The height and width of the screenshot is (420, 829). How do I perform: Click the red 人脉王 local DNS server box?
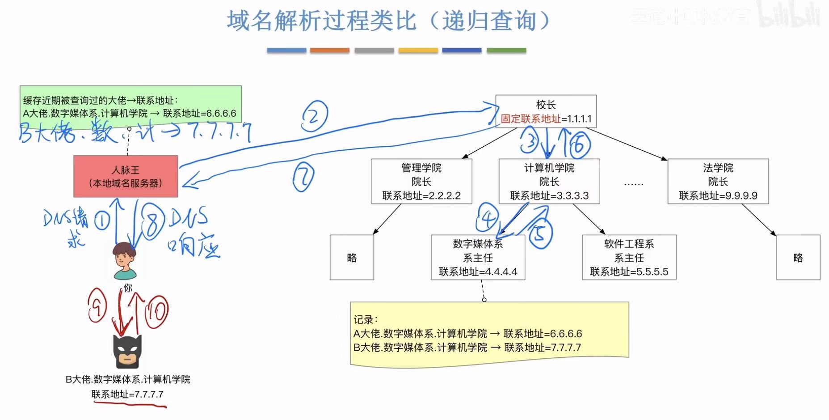pyautogui.click(x=126, y=176)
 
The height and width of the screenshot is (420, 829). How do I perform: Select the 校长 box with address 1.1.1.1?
pyautogui.click(x=546, y=111)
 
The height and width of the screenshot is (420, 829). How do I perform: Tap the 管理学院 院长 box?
pyautogui.click(x=421, y=181)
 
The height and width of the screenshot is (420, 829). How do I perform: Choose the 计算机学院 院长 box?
pyautogui.click(x=549, y=181)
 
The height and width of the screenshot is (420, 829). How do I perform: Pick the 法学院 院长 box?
pyautogui.click(x=718, y=181)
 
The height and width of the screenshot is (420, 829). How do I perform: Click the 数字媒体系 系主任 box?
pyautogui.click(x=478, y=257)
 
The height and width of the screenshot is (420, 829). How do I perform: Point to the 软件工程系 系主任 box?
pyautogui.click(x=629, y=257)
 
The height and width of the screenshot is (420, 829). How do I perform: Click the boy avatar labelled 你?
pyautogui.click(x=124, y=260)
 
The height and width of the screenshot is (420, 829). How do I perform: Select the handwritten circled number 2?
pyautogui.click(x=315, y=116)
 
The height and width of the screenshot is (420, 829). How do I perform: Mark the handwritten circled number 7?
pyautogui.click(x=303, y=177)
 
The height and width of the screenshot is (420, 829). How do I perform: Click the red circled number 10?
pyautogui.click(x=156, y=310)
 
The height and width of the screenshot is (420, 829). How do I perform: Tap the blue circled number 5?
pyautogui.click(x=540, y=233)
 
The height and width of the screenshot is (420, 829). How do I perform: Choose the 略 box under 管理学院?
pyautogui.click(x=352, y=257)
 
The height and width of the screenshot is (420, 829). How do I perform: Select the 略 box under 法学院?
pyautogui.click(x=798, y=257)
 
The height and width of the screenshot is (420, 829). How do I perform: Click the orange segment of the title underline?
pyautogui.click(x=329, y=51)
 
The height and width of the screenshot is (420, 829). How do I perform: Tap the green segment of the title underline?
pyautogui.click(x=506, y=51)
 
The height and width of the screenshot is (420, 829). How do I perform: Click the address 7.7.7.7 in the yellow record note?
pyautogui.click(x=566, y=348)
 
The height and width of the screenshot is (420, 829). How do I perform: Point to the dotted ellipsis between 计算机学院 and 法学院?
pyautogui.click(x=633, y=183)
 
